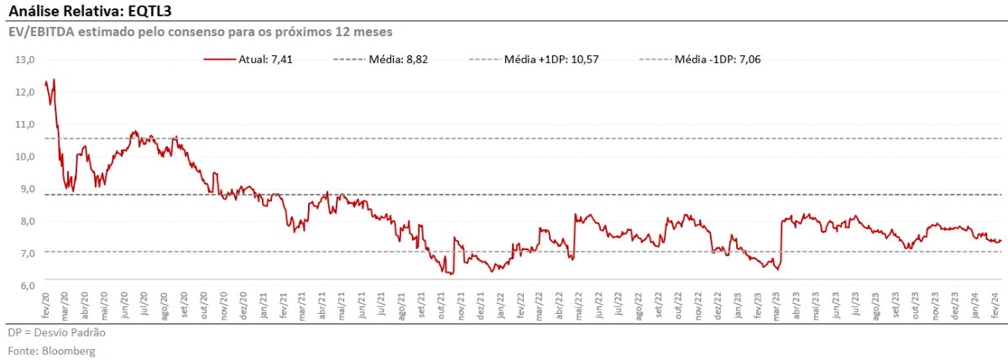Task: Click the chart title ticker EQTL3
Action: [x=149, y=10]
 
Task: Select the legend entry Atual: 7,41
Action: [x=265, y=60]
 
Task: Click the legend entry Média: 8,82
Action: [x=399, y=60]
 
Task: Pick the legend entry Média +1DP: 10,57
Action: [x=551, y=60]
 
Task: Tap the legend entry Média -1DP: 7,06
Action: [x=718, y=60]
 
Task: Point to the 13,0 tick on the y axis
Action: [x=24, y=60]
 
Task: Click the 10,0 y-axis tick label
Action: [x=24, y=157]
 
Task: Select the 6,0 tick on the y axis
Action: [x=26, y=286]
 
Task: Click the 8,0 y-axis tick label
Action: [x=26, y=221]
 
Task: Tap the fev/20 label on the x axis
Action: [x=45, y=305]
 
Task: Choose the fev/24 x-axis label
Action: [x=995, y=305]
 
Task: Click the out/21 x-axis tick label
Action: [x=441, y=305]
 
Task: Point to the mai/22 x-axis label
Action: [x=580, y=306]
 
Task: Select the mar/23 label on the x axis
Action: [x=777, y=306]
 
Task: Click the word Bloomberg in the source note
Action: [x=68, y=351]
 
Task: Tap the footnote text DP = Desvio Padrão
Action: [x=57, y=332]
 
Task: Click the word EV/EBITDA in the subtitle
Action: [x=41, y=32]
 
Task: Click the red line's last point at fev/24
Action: [x=1000, y=241]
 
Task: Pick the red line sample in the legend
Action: [x=219, y=60]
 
